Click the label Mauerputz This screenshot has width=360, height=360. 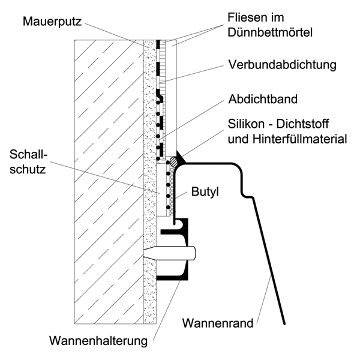pos(52,22)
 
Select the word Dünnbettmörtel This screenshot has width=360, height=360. pos(270,32)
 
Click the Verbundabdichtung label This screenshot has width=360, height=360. pos(282,65)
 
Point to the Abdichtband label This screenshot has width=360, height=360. pos(263,99)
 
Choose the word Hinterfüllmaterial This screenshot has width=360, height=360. pos(300,139)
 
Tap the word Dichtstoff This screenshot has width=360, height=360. pos(302,124)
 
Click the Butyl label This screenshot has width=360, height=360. pos(205,192)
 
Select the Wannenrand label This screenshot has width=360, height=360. pos(218,323)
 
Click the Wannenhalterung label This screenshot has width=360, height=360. pos(98,341)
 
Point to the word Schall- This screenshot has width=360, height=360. pos(28,154)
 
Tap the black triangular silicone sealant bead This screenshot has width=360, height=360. pos(180,157)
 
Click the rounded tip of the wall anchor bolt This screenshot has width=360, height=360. pos(194,253)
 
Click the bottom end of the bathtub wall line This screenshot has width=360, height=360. pos(284,324)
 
